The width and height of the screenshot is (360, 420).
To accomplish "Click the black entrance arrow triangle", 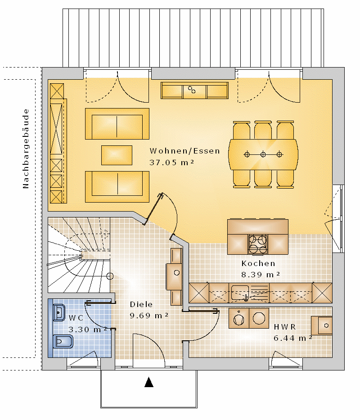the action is [x=149, y=382].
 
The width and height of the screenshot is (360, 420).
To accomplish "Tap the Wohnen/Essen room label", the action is [x=185, y=151].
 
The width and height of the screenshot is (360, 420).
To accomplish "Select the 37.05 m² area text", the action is [x=172, y=163].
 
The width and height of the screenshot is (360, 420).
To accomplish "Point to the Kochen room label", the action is [x=258, y=264].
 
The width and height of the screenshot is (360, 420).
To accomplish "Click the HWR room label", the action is [x=285, y=327].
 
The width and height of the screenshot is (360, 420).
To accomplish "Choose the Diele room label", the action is [x=141, y=304].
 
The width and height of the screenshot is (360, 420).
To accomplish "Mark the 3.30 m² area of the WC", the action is [x=88, y=329].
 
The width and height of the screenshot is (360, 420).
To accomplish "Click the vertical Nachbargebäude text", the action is [x=26, y=149].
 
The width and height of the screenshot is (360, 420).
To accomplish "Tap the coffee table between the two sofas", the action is [x=117, y=155].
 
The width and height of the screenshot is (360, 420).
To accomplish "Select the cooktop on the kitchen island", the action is [x=258, y=244].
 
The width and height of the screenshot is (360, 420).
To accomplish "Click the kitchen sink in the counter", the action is [x=240, y=293].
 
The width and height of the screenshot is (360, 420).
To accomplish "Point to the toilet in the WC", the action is [x=63, y=342].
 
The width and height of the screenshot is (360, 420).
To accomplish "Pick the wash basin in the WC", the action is [x=59, y=312].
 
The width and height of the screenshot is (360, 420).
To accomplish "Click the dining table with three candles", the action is [x=263, y=154].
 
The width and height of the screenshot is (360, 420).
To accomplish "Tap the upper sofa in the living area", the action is [x=117, y=124].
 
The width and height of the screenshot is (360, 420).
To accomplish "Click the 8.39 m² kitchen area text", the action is [x=261, y=275].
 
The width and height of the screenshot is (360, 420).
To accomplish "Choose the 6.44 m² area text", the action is [x=293, y=338].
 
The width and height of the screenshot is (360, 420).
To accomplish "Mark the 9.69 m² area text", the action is [x=149, y=316].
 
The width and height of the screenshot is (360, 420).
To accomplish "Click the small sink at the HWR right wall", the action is [x=322, y=325].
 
